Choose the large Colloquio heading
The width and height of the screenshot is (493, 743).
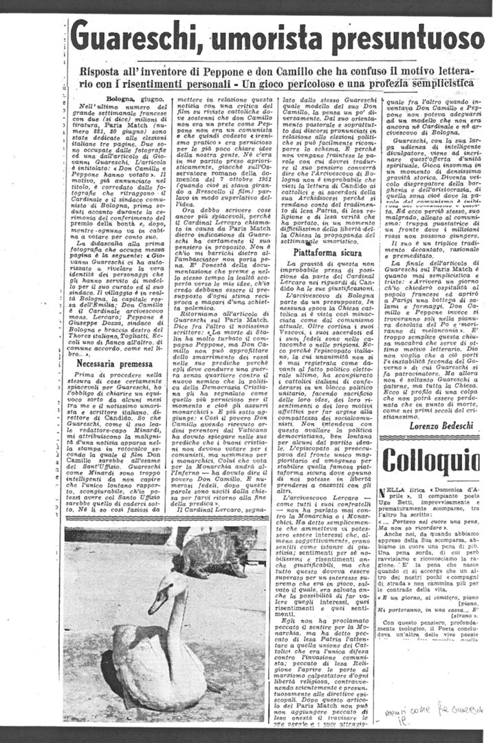coord(430,462)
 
